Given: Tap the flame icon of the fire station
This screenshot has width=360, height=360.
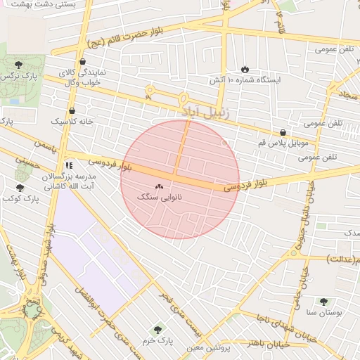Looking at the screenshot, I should (245, 69).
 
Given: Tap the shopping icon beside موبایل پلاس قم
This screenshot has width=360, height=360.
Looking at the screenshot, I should (283, 131).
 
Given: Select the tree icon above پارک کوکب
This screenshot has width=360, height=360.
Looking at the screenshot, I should (20, 188).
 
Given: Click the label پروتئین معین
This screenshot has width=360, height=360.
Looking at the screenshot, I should (209, 347).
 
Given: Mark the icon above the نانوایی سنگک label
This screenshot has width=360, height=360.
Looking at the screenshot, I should (158, 187).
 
